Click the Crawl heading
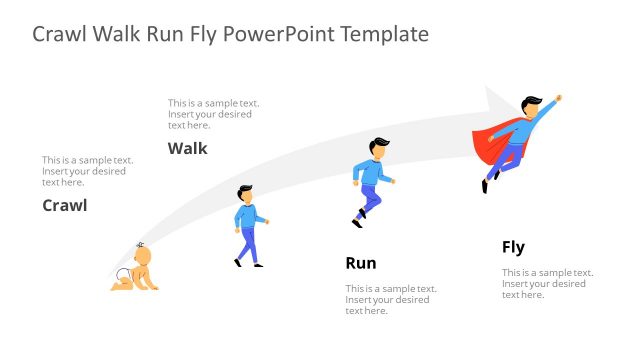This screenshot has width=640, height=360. point(64,206)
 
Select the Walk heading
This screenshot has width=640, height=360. point(187,149)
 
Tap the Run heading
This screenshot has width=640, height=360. point(360,264)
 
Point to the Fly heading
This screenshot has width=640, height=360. point(513,247)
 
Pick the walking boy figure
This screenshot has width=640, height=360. point(248,228)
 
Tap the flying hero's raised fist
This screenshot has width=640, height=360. point(558,98)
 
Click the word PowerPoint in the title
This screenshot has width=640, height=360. point(277,34)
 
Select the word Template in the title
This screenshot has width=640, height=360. point(384,34)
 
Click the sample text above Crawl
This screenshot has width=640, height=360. point(87,171)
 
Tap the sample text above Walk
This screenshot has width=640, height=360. point(213,114)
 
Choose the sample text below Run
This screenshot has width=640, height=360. point(391,300)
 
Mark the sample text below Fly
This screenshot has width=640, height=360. point(547,283)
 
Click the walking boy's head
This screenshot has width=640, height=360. point(245,193)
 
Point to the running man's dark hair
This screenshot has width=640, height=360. point(376,143)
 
